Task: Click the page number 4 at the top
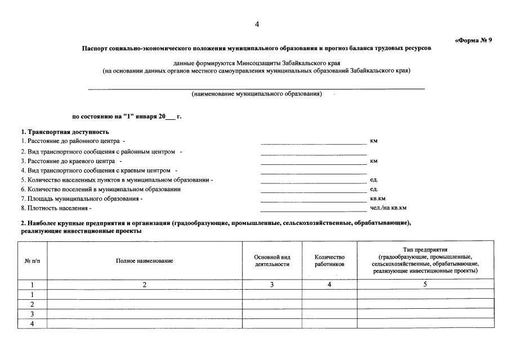[x=257, y=24]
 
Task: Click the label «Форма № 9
[x=473, y=40]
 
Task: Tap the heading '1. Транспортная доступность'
[x=65, y=132]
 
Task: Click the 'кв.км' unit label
[x=378, y=199]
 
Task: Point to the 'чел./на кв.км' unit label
[x=388, y=208]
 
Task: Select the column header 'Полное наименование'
[x=145, y=260]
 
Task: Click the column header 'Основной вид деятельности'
[x=272, y=260]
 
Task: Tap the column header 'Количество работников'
[x=329, y=260]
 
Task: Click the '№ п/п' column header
[x=32, y=260]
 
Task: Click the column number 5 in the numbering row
[x=426, y=285]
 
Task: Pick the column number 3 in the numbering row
[x=272, y=285]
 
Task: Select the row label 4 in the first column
[x=32, y=323]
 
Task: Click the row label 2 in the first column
[x=32, y=304]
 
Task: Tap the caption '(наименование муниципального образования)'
[x=257, y=94]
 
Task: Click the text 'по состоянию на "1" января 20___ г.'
[x=127, y=116]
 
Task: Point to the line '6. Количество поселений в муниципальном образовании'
[x=101, y=190]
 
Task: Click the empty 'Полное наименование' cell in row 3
[x=145, y=314]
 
